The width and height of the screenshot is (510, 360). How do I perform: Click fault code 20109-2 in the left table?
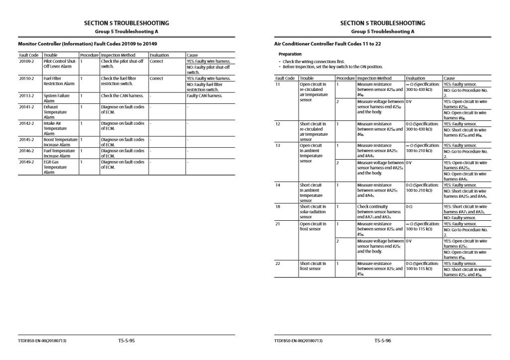(x=26, y=61)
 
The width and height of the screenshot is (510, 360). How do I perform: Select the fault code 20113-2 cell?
(x=26, y=96)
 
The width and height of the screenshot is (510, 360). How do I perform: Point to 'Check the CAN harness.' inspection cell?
(x=122, y=96)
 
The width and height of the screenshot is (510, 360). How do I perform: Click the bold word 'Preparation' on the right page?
(x=290, y=54)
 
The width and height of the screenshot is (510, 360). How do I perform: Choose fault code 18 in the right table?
(x=278, y=206)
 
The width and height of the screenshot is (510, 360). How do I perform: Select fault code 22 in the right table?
(x=278, y=264)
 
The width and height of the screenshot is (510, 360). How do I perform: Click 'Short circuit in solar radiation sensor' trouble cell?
(x=313, y=212)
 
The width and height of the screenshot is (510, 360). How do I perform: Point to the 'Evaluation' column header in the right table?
(x=415, y=78)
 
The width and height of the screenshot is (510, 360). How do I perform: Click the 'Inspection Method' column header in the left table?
(x=118, y=55)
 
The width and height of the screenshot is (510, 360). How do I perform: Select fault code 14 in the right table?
(x=278, y=185)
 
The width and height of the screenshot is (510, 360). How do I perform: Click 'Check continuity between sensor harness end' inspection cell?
(x=380, y=212)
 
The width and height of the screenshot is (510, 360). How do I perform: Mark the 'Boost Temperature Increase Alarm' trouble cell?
(x=60, y=142)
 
